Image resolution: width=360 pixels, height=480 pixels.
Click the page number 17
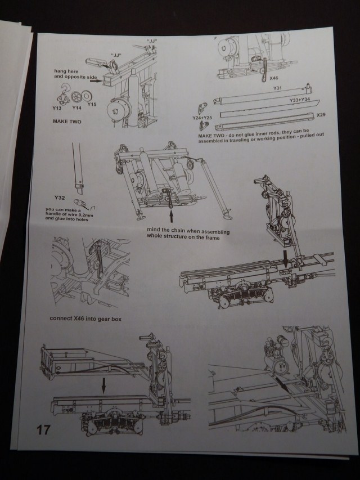point(44,430)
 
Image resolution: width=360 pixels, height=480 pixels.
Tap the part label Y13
point(57,107)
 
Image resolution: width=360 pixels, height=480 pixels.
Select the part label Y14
point(76,107)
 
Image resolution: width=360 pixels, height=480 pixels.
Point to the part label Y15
point(92,104)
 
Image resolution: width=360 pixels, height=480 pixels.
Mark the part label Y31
point(277,88)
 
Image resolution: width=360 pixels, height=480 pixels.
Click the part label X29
point(321,115)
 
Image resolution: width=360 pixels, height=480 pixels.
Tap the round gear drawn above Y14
point(78,96)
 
